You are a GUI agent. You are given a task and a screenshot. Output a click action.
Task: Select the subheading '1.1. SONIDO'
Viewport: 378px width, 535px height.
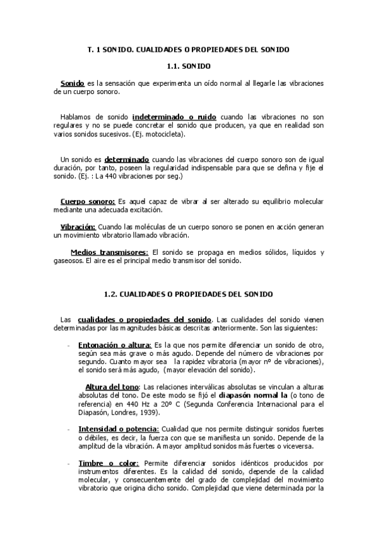tap(189, 66)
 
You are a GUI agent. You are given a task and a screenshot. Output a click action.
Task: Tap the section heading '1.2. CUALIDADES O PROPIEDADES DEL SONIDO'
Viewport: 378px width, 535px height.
tap(188, 294)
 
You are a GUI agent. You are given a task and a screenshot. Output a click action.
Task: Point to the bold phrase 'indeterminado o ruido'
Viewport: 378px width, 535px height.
tap(174, 117)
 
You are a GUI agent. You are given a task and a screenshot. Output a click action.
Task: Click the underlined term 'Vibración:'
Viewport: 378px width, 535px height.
tap(78, 226)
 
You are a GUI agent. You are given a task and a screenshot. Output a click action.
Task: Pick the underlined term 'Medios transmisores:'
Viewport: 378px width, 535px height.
tap(109, 252)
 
